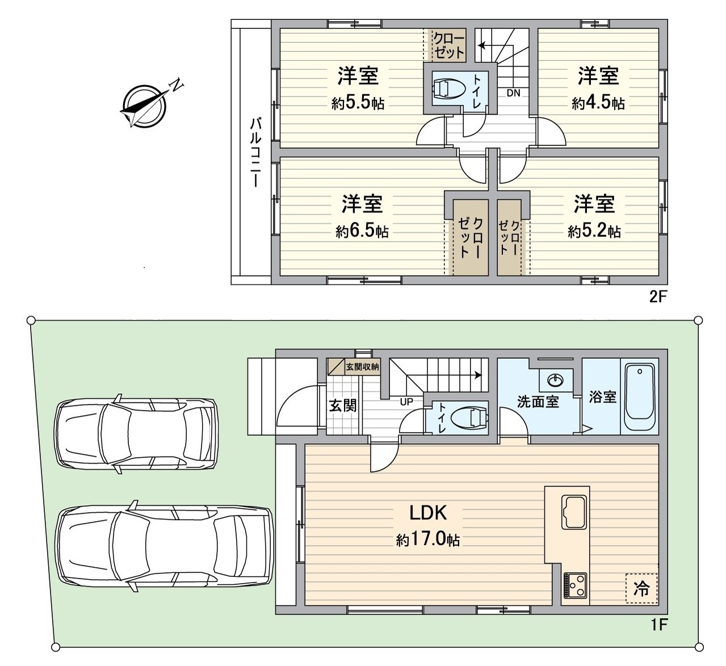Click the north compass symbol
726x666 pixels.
[144, 105]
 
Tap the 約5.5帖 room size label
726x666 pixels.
[358, 103]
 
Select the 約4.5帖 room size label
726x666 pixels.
[598, 103]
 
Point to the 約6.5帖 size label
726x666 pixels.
[362, 232]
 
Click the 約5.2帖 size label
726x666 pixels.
[594, 232]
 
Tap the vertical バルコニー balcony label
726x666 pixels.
[255, 153]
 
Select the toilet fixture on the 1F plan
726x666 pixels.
[472, 418]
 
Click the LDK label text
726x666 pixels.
[429, 513]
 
